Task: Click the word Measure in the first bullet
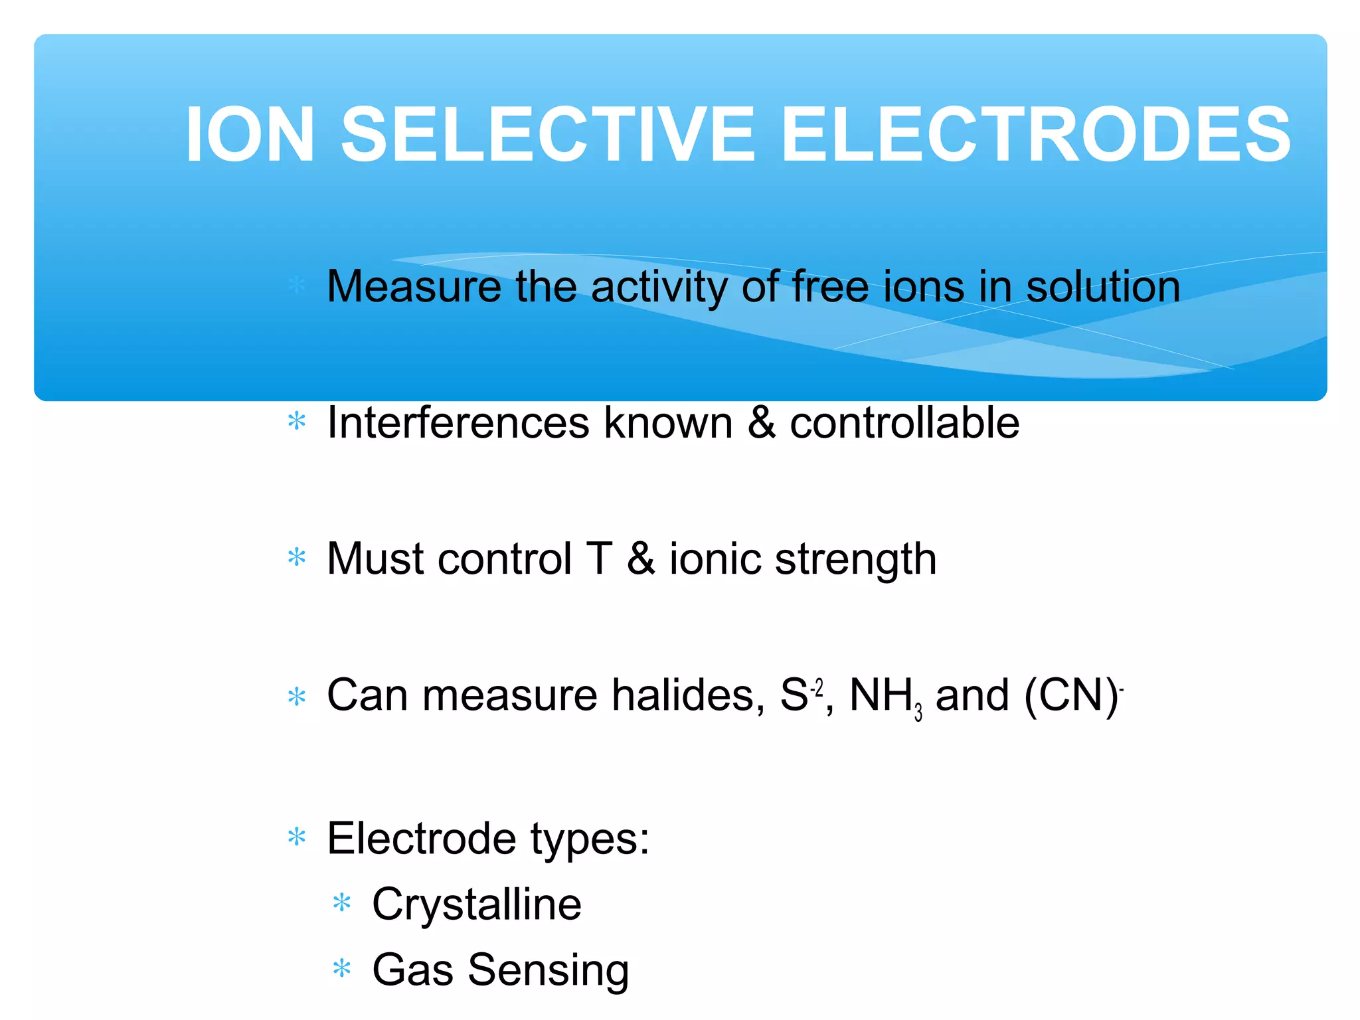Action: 414,287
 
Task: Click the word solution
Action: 1103,287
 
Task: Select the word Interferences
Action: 458,423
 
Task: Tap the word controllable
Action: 904,423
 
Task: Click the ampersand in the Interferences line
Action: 761,423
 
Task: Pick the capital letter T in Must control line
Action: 599,558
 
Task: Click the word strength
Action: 856,560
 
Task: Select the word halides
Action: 687,695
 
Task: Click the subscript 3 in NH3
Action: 918,713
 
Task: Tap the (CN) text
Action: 1071,695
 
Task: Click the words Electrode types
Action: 487,839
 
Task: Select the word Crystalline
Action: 476,904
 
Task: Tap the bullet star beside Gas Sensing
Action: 341,969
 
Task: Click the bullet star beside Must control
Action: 297,557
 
